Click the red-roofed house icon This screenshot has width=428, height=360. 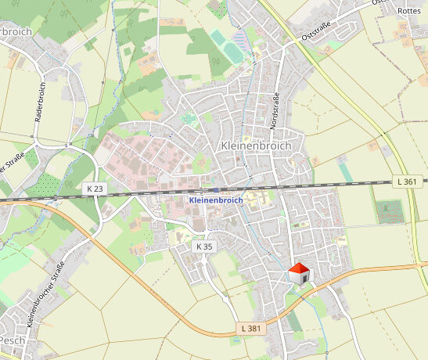tap(299, 274)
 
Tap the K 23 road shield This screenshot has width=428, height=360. tap(95, 189)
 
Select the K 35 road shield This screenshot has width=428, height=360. tap(203, 247)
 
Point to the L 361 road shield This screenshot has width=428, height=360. tap(406, 182)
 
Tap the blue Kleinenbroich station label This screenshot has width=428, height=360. tap(215, 200)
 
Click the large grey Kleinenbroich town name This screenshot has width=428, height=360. tap(256, 146)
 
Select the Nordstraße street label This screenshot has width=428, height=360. tap(275, 110)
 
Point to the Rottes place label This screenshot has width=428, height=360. tap(409, 11)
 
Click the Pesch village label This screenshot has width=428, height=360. tap(13, 341)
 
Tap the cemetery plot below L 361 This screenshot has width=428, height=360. tap(389, 211)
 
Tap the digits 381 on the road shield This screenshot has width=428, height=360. tap(252, 328)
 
